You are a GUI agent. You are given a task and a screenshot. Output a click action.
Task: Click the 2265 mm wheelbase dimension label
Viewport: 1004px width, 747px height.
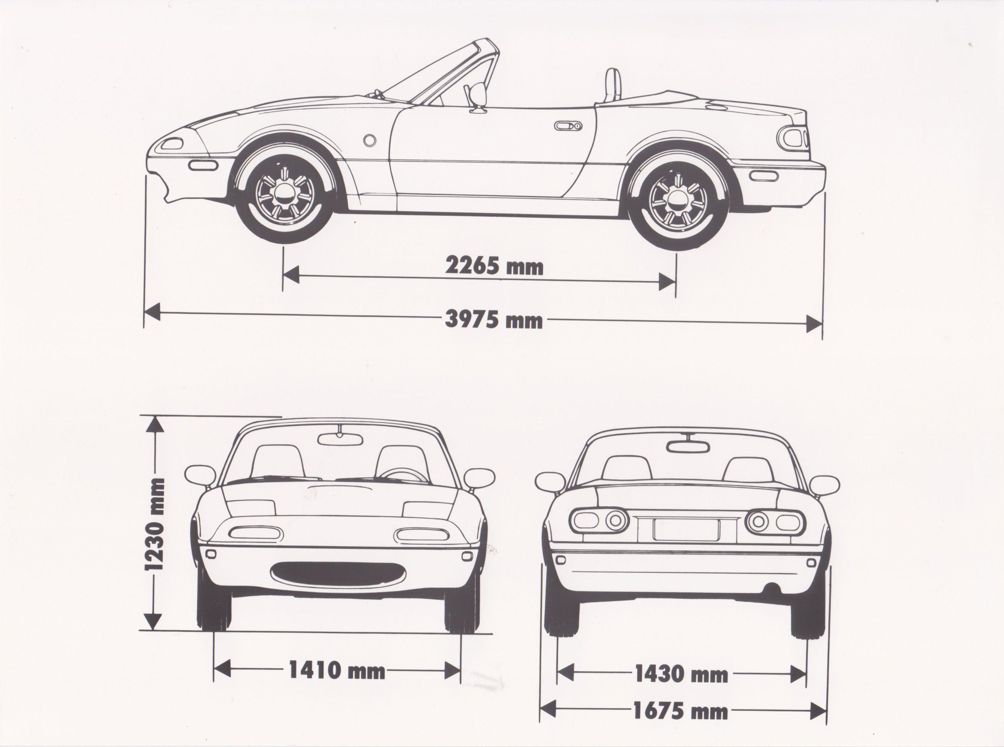click(x=494, y=266)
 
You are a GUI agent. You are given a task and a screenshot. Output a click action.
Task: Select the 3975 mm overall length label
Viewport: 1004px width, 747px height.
click(x=494, y=320)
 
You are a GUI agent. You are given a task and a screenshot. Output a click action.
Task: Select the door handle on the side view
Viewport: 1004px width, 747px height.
click(x=568, y=126)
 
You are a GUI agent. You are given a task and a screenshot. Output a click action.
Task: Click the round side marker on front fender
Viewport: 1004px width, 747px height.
click(x=369, y=140)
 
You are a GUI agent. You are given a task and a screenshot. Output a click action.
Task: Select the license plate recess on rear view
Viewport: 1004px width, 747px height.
click(x=686, y=529)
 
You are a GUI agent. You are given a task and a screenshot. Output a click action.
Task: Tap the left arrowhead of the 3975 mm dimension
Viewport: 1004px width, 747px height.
click(x=152, y=312)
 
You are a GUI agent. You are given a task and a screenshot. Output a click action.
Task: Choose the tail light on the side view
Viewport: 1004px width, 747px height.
click(x=792, y=138)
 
